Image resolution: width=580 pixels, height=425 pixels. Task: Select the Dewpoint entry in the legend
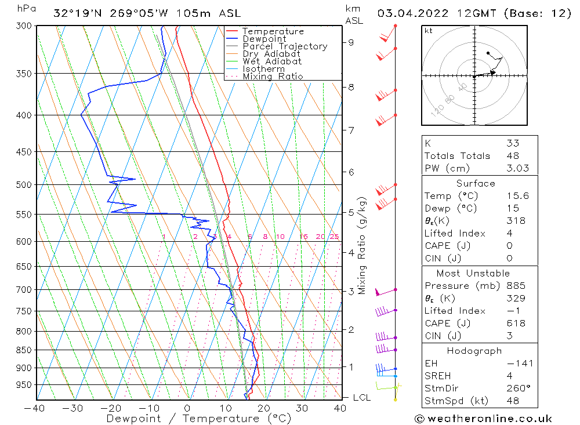[264, 39]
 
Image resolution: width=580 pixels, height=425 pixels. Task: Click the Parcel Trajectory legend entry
[285, 46]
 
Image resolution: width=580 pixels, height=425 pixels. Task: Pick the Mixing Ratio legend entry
[273, 76]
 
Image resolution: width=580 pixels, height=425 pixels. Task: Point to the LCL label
[362, 398]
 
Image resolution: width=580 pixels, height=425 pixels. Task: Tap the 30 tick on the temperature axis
[302, 408]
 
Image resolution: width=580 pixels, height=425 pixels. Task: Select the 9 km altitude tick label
[351, 42]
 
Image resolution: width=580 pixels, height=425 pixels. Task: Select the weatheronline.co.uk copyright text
[483, 419]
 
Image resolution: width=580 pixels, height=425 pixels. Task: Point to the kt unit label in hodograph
[429, 31]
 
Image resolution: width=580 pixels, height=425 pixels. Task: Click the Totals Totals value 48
[513, 156]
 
